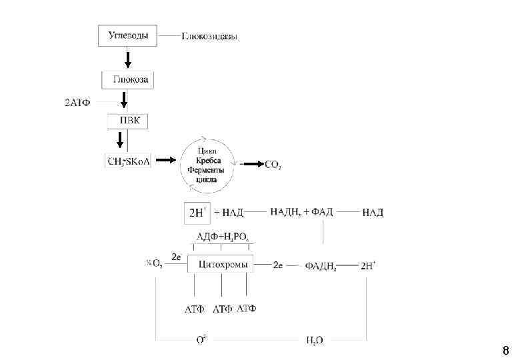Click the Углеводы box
tap(128, 36)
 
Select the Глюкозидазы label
tap(210, 36)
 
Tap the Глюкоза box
tap(128, 81)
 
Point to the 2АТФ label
tap(77, 103)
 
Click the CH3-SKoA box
tap(129, 161)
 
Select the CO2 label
tap(273, 165)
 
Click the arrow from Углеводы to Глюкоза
tap(128, 58)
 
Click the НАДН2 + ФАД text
tap(301, 213)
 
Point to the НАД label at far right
tap(373, 213)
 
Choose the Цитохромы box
tap(219, 265)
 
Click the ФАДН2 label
tap(321, 266)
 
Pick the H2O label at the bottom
tap(315, 340)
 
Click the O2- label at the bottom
tap(201, 339)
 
